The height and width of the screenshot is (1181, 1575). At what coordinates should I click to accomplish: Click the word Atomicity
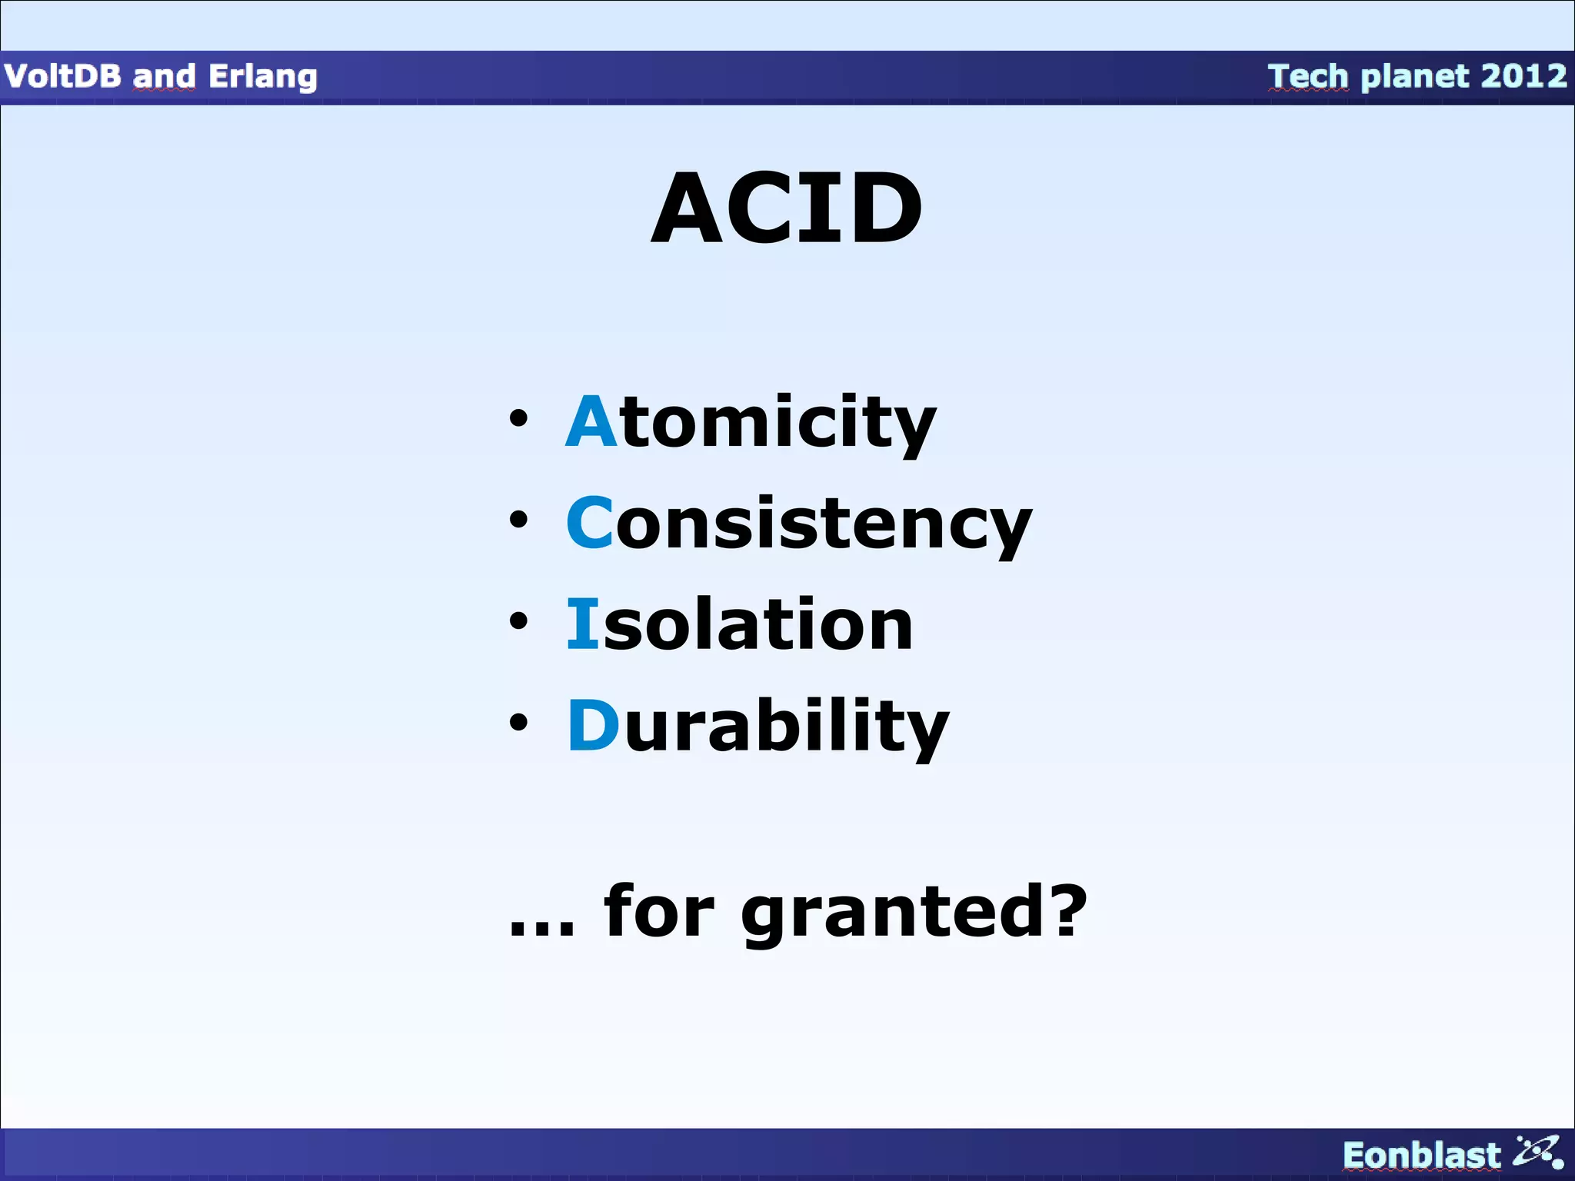[x=751, y=422]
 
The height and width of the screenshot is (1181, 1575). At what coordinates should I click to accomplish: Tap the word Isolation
[x=739, y=625]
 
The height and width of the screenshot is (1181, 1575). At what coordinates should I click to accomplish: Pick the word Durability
[x=758, y=727]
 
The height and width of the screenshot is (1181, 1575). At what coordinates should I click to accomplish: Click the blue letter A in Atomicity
[x=591, y=422]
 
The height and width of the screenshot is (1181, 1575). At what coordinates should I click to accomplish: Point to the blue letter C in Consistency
[x=590, y=523]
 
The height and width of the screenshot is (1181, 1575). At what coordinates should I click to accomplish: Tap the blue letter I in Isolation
[x=582, y=624]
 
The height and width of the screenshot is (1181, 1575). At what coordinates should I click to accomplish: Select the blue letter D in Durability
[x=593, y=726]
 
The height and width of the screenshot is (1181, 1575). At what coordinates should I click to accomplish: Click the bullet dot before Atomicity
[x=519, y=419]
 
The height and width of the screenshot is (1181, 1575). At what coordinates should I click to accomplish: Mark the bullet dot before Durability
[x=519, y=723]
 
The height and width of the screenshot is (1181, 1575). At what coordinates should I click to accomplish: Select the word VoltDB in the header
[x=62, y=77]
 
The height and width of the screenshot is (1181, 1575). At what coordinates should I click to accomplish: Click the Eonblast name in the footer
[x=1421, y=1156]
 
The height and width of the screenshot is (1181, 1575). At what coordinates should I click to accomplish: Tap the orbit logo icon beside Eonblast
[x=1537, y=1153]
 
